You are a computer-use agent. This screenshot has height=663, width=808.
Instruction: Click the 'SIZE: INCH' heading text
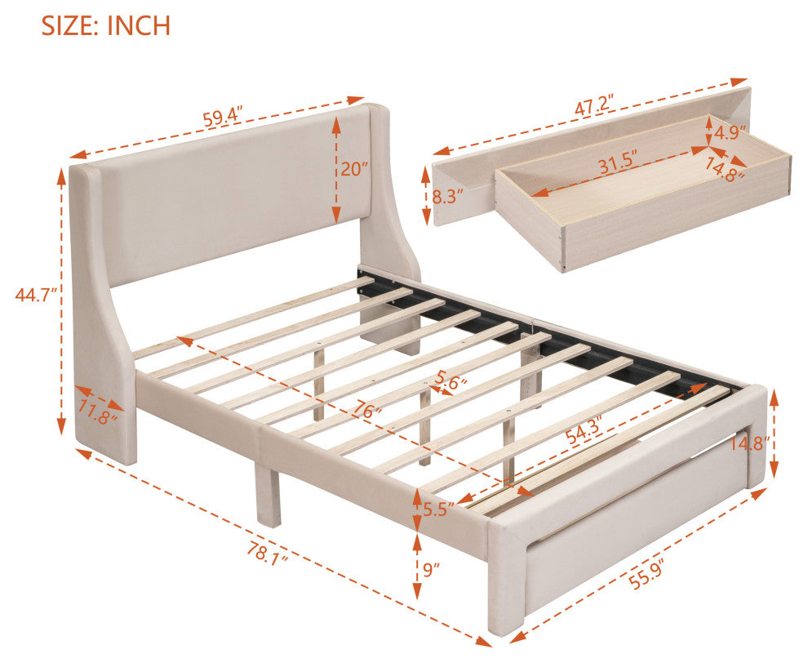coord(105,25)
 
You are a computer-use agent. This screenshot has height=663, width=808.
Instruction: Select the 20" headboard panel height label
coord(354,168)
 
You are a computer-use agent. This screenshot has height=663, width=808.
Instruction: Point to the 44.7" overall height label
coord(35,295)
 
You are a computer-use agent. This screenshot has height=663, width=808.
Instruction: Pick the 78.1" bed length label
coord(266,554)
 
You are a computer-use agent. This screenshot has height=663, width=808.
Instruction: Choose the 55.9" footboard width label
coord(645,574)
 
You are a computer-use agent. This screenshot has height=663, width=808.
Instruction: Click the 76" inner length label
coord(367,411)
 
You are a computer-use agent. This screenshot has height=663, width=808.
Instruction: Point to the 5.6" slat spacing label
coord(451,382)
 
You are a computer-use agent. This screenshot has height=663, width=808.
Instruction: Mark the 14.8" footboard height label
coord(750,443)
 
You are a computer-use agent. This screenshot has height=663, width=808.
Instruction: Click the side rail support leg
coord(268,495)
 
